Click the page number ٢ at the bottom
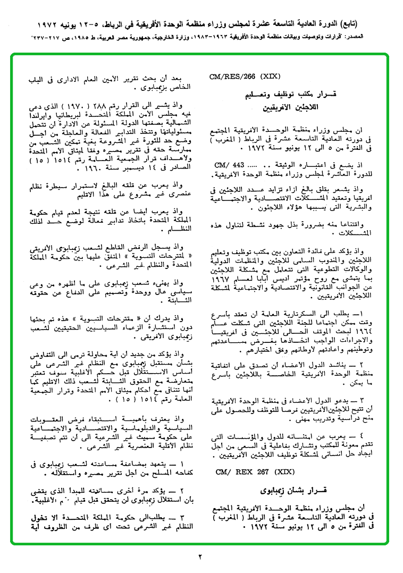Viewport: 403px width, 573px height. tap(201, 557)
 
